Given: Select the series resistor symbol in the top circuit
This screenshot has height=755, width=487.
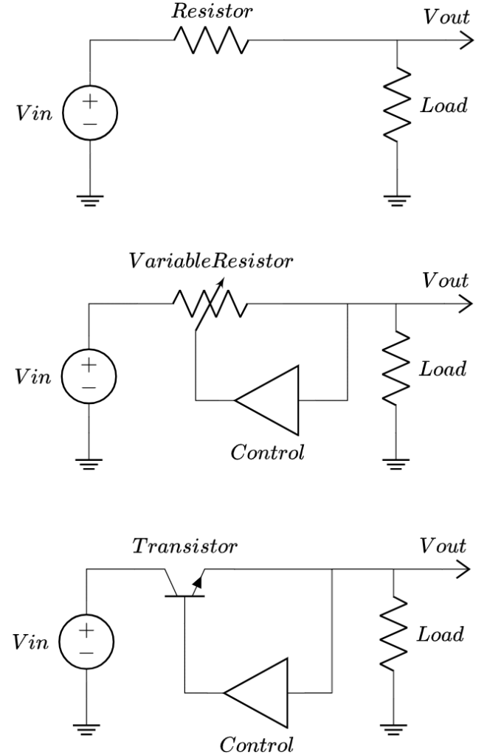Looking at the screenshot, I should [211, 41].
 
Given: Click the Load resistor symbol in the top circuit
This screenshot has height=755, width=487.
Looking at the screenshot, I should [398, 104].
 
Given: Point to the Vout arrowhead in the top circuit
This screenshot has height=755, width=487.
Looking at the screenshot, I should [465, 41].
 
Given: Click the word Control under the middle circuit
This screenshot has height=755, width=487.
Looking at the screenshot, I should [267, 451].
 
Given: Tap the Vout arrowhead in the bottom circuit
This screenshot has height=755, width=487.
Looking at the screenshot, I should [463, 569].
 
